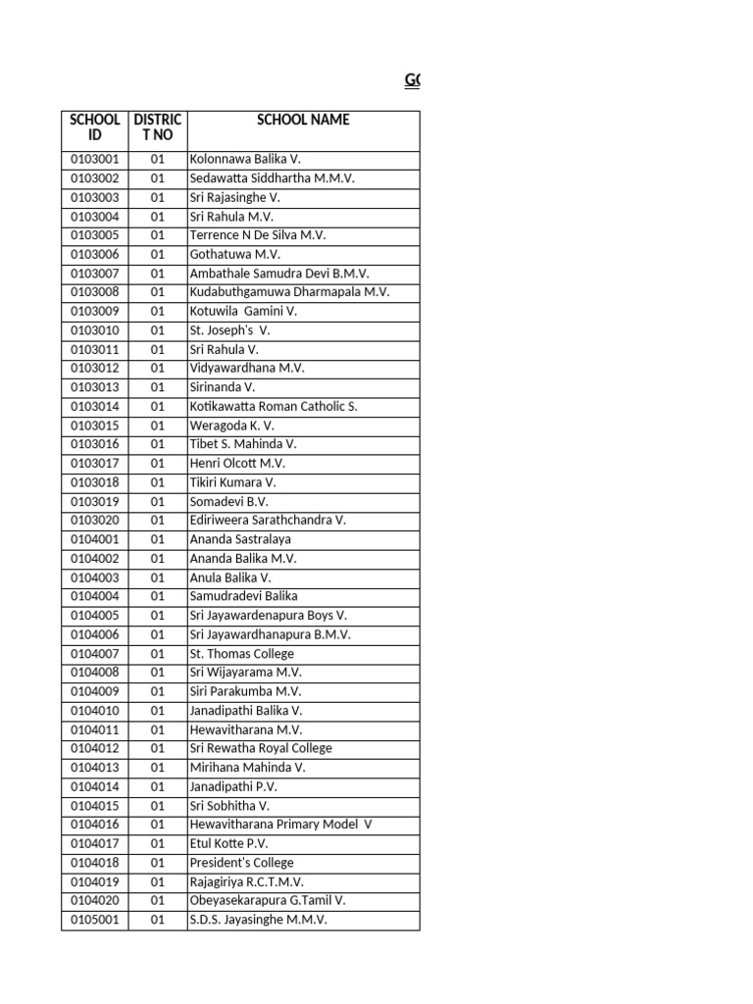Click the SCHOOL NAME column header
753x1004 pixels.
point(303,121)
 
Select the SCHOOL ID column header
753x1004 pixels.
point(94,127)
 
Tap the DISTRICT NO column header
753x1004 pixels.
point(157,127)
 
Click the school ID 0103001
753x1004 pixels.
point(94,160)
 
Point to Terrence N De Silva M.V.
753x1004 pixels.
point(258,236)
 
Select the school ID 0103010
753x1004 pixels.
point(94,331)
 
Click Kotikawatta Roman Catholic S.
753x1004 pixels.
point(274,407)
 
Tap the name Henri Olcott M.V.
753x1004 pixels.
point(237,464)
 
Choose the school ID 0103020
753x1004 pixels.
point(94,521)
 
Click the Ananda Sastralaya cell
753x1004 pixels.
point(240,540)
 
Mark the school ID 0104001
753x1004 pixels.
point(94,540)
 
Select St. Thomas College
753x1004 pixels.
point(241,654)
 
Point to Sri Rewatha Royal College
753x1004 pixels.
point(261,749)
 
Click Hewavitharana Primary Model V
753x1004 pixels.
point(280,826)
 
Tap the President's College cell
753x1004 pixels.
point(241,864)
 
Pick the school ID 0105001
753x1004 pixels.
point(94,921)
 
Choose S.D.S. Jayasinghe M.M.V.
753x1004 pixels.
point(258,921)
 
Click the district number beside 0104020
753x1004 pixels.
point(157,901)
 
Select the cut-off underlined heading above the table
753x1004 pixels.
point(412,80)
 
